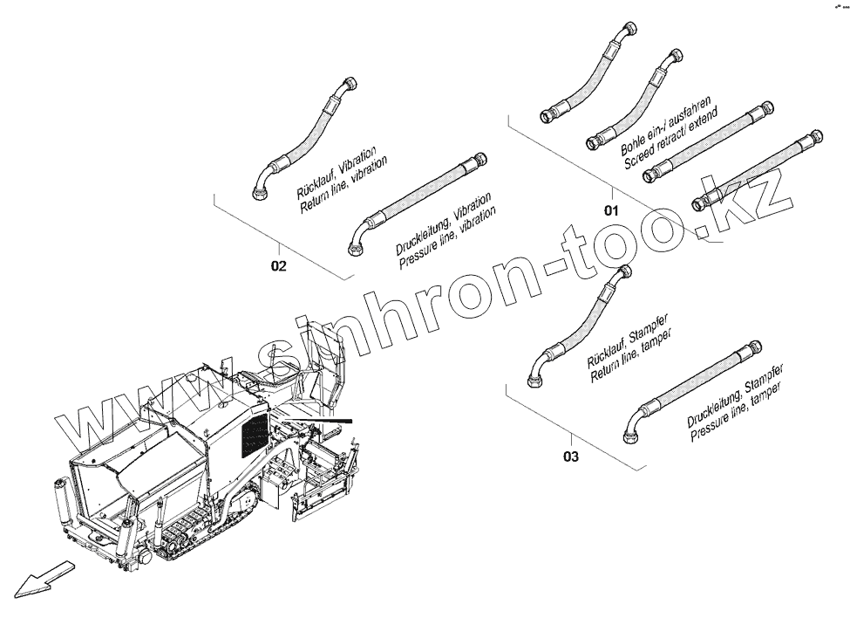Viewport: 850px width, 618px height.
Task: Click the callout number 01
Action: pos(611,210)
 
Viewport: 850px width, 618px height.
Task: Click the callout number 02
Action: pos(278,266)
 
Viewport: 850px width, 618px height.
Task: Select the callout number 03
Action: pos(571,455)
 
